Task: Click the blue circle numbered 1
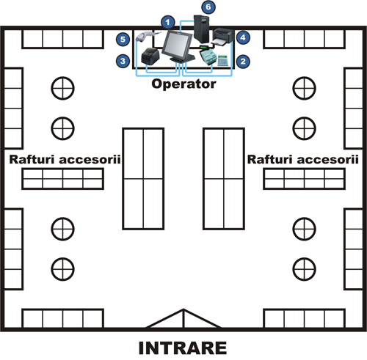[167, 23]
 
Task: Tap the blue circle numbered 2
[243, 61]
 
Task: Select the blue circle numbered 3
[123, 61]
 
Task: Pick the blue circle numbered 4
[243, 37]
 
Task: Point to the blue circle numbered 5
[123, 40]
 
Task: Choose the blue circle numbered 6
[208, 7]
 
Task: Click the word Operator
[183, 84]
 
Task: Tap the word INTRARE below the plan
[183, 348]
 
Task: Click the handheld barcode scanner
[148, 36]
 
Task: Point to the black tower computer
[202, 29]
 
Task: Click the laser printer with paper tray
[222, 37]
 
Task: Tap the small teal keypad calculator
[222, 60]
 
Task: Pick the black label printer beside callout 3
[150, 56]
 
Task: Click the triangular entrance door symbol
[183, 318]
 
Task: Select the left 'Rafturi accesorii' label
[65, 159]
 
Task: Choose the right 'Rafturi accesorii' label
[303, 159]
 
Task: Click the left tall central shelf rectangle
[143, 179]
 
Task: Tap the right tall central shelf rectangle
[224, 179]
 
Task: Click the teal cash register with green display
[208, 55]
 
